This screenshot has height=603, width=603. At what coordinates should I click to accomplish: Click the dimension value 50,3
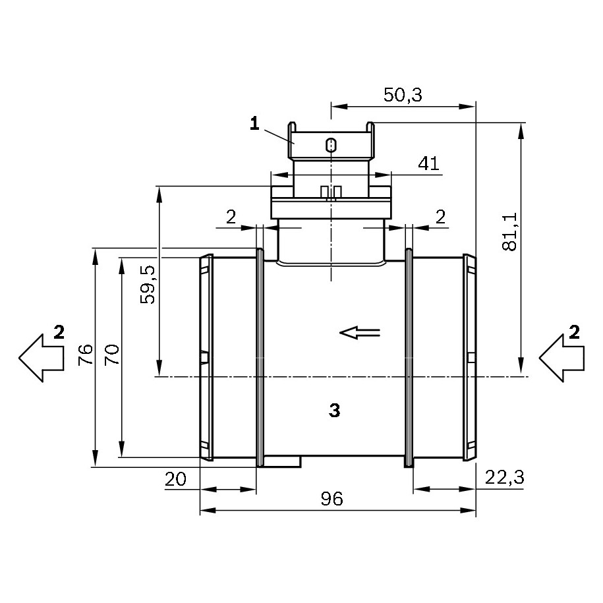pos(403,95)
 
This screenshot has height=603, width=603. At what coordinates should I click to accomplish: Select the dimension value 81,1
pos(509,232)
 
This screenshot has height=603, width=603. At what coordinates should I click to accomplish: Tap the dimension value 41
pos(429,163)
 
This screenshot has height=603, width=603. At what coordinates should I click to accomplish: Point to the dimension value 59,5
pos(147,285)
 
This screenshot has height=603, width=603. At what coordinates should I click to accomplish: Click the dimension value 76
pos(86,355)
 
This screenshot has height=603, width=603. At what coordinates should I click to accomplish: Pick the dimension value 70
pos(112,355)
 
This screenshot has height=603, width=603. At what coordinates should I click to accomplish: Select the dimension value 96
pos(331,499)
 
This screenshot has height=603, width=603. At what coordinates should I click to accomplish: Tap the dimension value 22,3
pos(505,478)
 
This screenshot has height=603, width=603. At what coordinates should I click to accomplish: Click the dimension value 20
pos(175,479)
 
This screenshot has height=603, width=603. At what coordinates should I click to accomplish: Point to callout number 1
pos(254,124)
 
